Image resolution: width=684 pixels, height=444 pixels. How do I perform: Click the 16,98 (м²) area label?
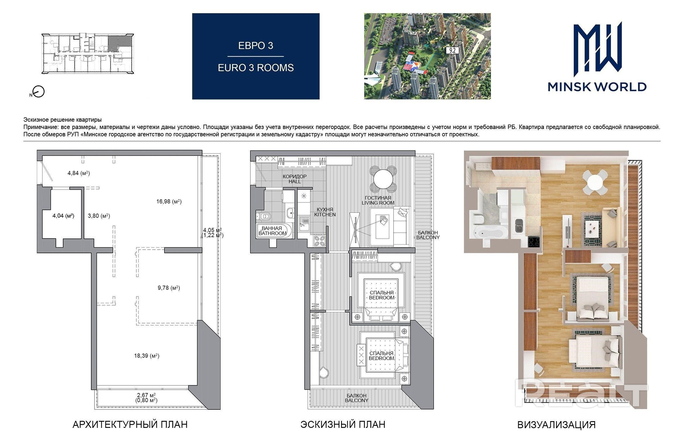pos(169,202)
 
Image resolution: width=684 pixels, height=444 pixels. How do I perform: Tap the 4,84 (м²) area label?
pos(79,173)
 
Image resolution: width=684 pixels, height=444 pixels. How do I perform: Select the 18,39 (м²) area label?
pos(147,356)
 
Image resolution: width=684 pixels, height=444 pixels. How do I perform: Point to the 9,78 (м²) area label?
pos(169,288)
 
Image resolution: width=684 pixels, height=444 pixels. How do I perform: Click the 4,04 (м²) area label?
pos(63,216)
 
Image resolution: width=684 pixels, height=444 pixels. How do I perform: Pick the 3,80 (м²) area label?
pos(99,216)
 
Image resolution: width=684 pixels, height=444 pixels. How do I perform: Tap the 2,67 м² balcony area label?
pos(146,395)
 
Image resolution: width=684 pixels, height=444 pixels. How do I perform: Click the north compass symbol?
pos(37,92)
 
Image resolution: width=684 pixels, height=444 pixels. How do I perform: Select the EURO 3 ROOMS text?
pos(256,68)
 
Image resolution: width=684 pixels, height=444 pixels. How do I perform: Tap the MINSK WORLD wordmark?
pos(597,87)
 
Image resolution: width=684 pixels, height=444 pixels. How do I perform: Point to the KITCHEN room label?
pos(325,214)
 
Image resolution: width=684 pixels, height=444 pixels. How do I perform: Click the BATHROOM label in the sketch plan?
pos(272,233)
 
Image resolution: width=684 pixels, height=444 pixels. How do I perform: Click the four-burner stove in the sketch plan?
pos(319,241)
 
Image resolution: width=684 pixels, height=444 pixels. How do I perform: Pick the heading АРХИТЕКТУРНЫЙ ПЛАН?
pos(130,424)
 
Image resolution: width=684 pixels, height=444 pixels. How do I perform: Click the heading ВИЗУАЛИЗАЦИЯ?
pos(556,425)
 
